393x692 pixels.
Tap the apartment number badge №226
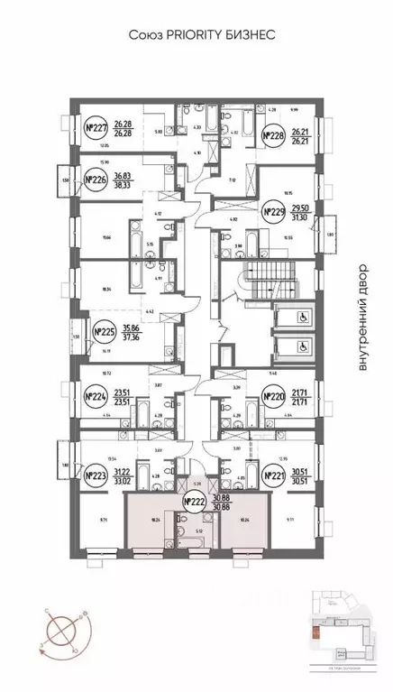click(x=96, y=180)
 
